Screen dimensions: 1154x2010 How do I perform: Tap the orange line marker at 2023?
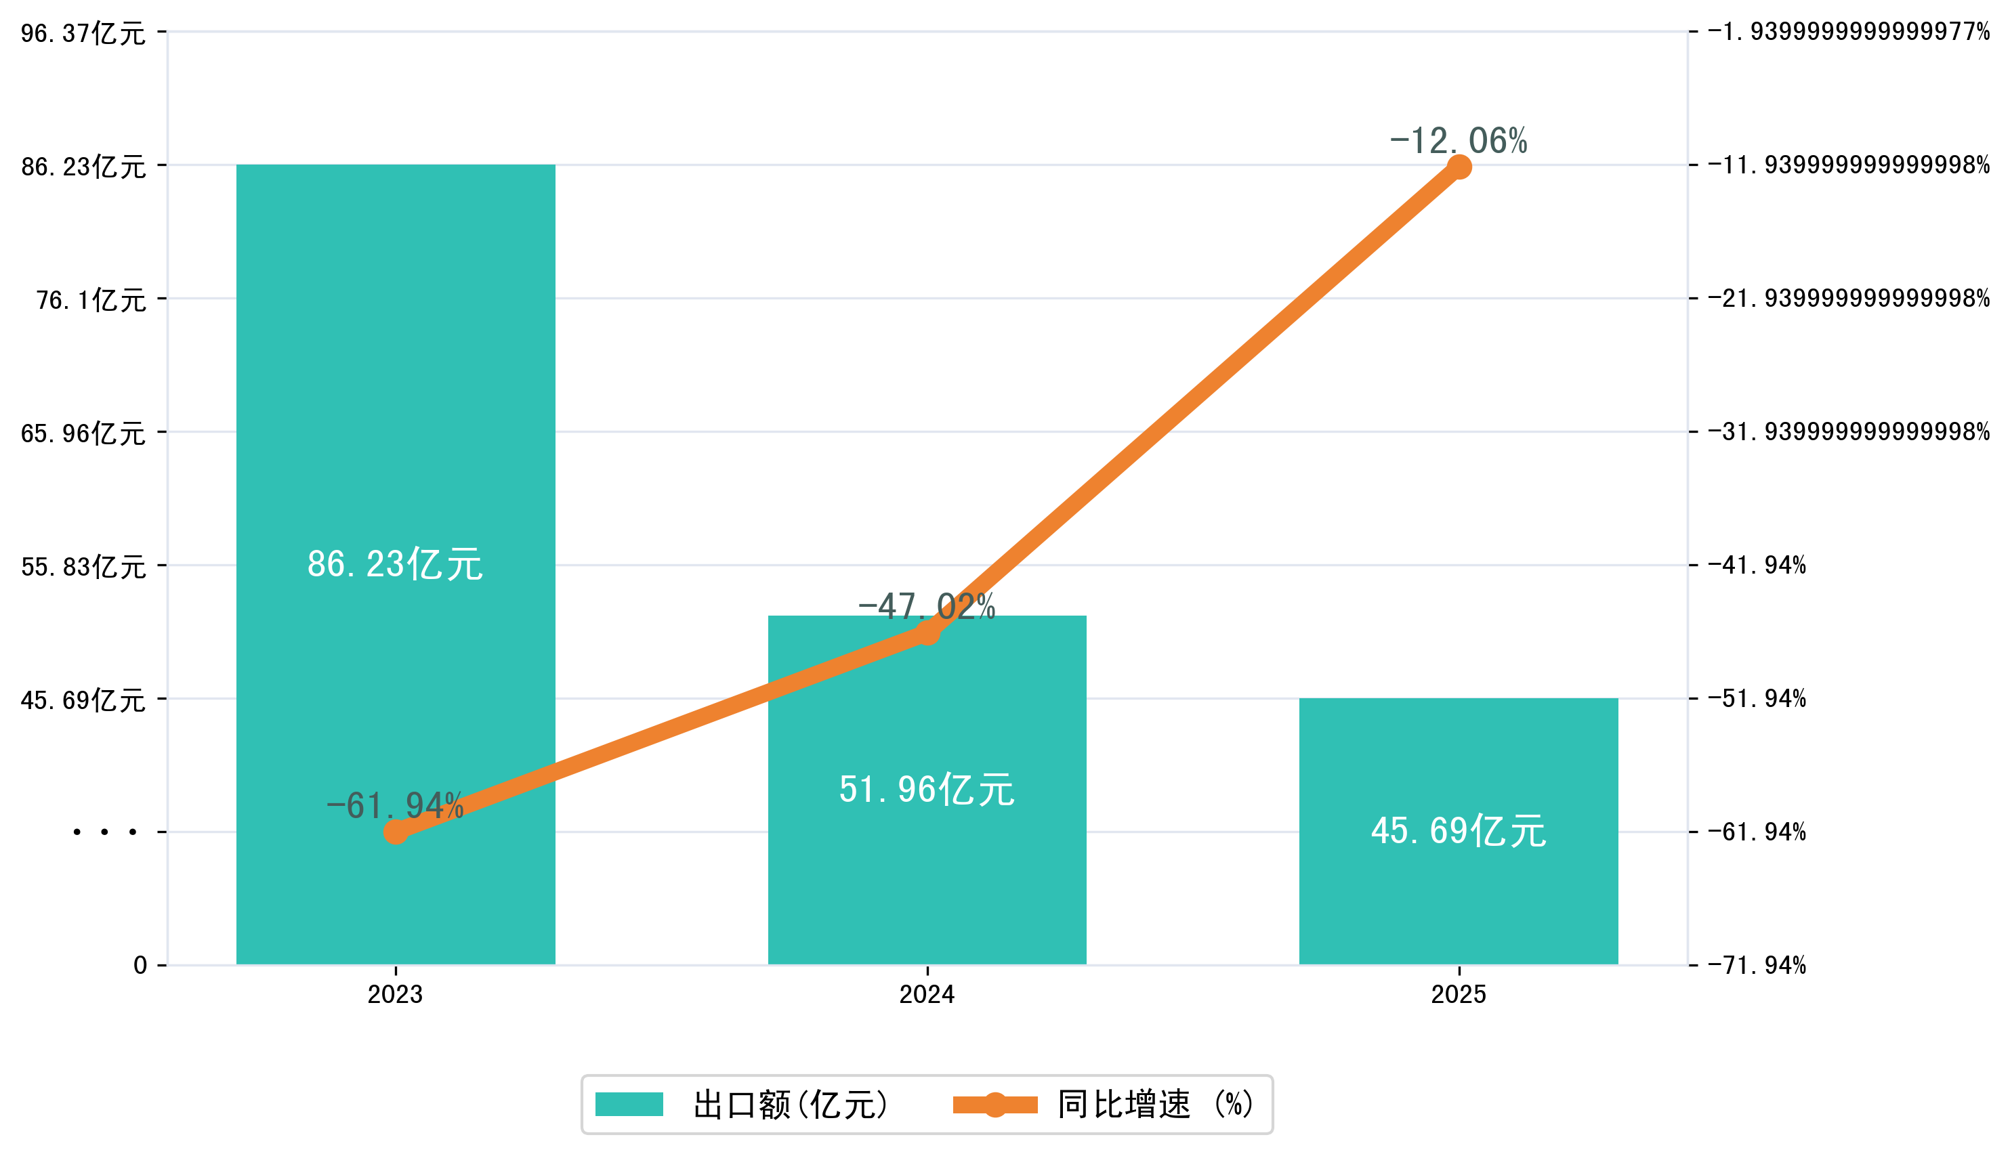point(396,832)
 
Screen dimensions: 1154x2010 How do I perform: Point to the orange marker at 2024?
point(927,633)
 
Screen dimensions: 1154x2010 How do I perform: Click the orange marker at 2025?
point(1459,167)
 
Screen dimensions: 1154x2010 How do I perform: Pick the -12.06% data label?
point(1459,141)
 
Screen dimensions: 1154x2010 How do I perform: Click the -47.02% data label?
point(927,606)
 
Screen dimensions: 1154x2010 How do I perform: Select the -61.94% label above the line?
point(395,805)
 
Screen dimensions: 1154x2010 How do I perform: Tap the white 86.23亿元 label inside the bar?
point(395,564)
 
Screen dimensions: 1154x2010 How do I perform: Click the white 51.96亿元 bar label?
point(927,790)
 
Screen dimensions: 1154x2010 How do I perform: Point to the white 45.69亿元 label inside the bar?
point(1459,832)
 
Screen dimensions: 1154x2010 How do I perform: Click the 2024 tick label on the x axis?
point(927,995)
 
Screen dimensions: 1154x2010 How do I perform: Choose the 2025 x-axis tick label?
point(1459,995)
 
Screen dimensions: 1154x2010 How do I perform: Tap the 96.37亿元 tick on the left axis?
point(83,33)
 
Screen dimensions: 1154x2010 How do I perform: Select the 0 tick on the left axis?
point(140,965)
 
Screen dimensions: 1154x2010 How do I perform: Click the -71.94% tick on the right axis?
point(1757,965)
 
